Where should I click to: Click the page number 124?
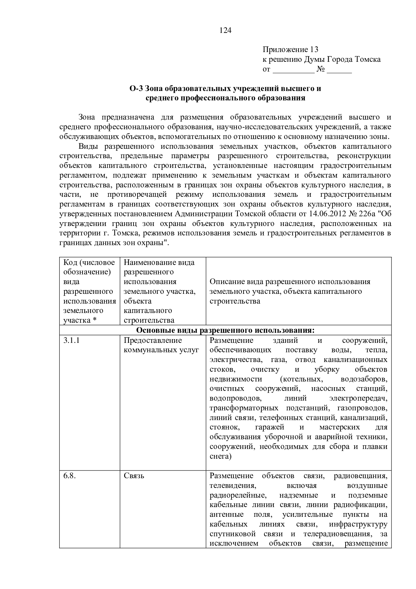point(225,31)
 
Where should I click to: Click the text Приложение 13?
point(290,50)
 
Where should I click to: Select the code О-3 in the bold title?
point(137,89)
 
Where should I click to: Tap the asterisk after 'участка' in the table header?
point(95,320)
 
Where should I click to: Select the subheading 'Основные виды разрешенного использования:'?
point(225,330)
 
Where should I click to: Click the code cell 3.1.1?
point(71,341)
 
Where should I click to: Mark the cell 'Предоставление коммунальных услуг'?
point(161,345)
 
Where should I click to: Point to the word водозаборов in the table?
point(364,379)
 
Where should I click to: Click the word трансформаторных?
point(244,408)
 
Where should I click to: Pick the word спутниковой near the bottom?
point(232,534)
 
